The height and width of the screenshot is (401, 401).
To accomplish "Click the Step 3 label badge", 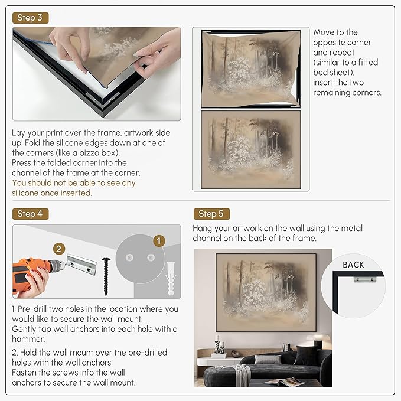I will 30,18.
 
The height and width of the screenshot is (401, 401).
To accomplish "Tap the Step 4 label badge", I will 30,213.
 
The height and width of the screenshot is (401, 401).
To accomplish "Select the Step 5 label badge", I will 211,214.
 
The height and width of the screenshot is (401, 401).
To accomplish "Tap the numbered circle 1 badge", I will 158,241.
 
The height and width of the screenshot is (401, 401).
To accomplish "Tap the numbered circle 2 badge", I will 58,249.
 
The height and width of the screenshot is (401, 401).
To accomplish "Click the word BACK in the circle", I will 353,265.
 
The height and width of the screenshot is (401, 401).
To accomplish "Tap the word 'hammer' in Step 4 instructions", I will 28,339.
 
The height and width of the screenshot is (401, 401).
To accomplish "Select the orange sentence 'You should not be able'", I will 74,182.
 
